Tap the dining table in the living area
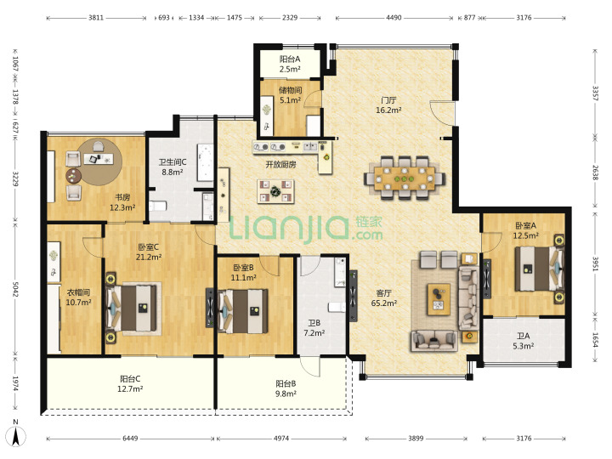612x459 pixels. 405,178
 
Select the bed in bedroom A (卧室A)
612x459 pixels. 539,269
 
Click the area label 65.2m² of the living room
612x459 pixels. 384,303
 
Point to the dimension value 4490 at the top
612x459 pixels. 394,18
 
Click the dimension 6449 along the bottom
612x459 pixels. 130,439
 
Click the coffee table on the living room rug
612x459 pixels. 439,299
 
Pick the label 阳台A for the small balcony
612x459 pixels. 290,59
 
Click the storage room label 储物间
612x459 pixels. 290,90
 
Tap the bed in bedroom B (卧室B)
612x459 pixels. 244,311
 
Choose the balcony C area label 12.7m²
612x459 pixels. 130,389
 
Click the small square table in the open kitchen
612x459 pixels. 275,191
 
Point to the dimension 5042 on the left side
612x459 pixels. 15,289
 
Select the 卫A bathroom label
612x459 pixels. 524,336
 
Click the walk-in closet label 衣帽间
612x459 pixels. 78,292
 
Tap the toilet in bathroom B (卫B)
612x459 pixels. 337,307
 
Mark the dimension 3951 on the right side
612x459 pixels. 595,263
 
